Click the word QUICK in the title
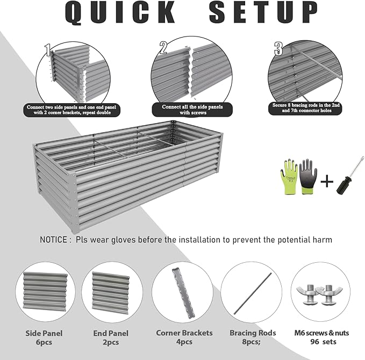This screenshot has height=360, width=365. [x=121, y=13]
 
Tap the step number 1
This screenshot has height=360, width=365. [x=49, y=51]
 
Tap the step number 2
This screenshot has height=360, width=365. [x=163, y=48]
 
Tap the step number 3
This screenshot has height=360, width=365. [x=278, y=49]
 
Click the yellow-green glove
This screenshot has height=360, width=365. [x=289, y=176]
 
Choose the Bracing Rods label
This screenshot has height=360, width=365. [x=253, y=333]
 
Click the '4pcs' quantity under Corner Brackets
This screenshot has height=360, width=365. [x=184, y=342]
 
